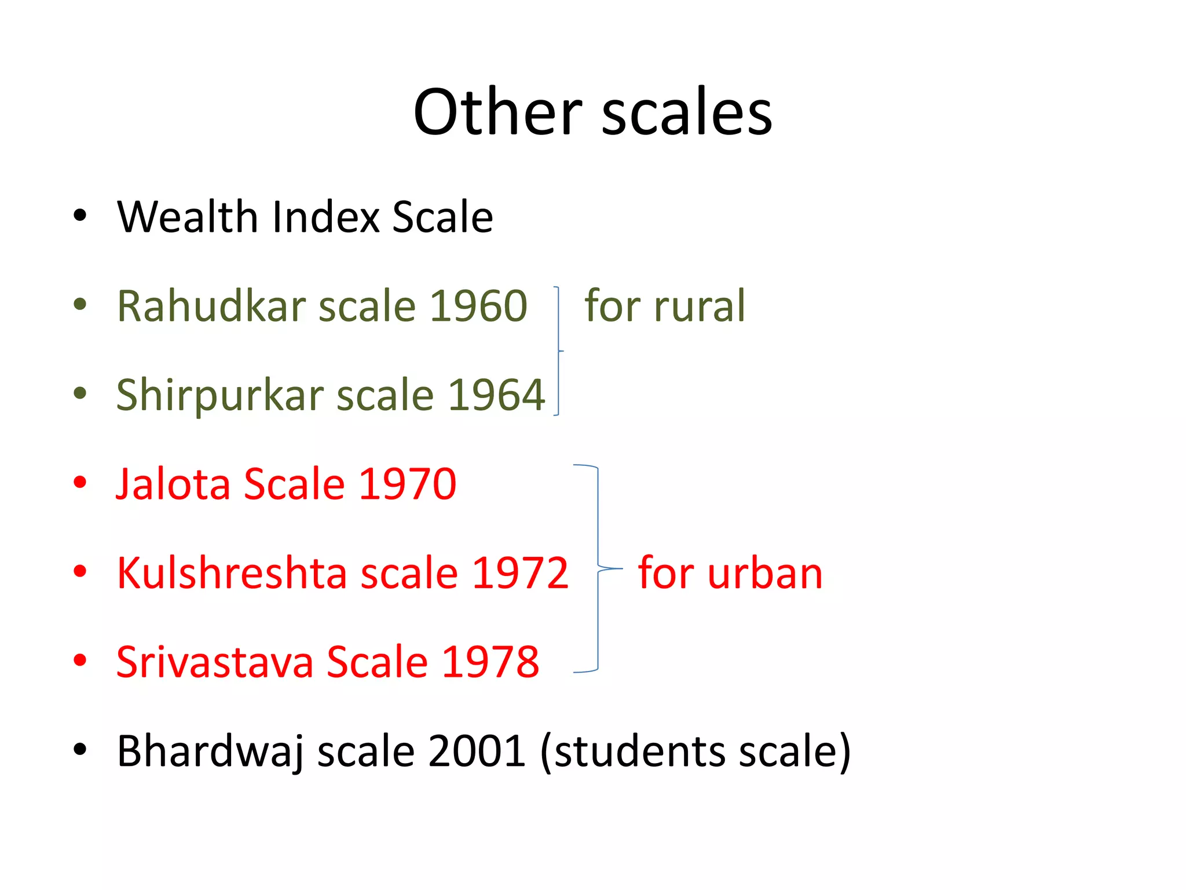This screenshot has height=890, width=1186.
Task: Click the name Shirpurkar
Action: [219, 396]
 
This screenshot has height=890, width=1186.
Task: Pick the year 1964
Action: [496, 396]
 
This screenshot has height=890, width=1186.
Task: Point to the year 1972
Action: [520, 573]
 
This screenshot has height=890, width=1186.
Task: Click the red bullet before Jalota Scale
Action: [80, 482]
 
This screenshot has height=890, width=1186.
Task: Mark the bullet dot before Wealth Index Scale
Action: [80, 216]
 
